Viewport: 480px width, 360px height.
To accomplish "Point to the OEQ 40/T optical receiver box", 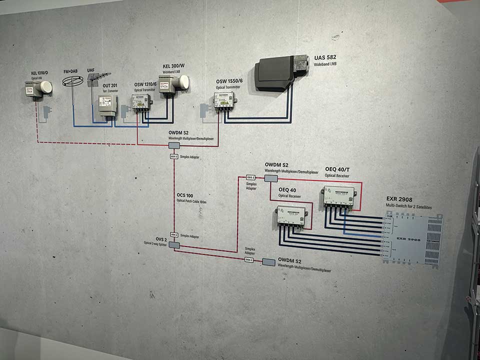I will [x=338, y=195].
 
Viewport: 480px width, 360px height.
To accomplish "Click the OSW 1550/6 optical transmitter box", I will [x=223, y=100].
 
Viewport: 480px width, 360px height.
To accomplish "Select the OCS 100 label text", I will [x=185, y=195].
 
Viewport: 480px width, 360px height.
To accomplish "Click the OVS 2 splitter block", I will [x=174, y=245].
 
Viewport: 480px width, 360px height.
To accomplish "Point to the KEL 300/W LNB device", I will [x=172, y=84].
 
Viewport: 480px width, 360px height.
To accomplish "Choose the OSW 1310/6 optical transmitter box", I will [x=141, y=103].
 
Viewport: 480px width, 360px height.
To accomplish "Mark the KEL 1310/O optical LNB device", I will [x=38, y=89].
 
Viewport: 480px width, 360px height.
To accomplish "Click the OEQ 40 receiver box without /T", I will [x=290, y=215].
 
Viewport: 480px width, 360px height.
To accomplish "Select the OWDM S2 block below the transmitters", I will [x=173, y=145].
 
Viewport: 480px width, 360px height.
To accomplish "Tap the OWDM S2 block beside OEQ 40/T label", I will [x=270, y=178].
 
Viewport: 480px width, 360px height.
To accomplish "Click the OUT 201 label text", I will [x=110, y=85].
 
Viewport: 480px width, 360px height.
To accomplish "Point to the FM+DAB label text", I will [x=70, y=71].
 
